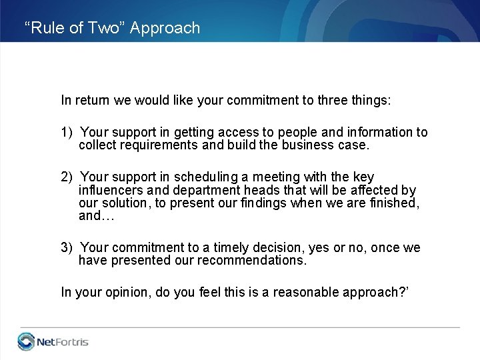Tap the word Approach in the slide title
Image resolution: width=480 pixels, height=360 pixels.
pos(165,28)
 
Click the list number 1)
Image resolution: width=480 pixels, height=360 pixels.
pos(67,133)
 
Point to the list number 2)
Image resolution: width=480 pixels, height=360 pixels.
pos(67,177)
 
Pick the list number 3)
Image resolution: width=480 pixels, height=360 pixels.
pos(67,248)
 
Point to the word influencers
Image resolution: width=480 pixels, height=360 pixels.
pos(109,190)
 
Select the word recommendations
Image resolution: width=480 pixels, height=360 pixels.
pos(252,261)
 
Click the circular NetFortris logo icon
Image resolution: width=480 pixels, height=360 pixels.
pos(27,341)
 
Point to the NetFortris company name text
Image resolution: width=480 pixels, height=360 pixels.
pos(63,342)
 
